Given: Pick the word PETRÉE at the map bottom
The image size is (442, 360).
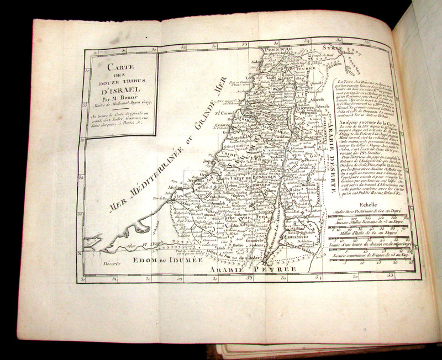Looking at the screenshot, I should coord(279,269).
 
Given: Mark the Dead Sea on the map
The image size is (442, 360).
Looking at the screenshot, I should coord(276,221).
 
